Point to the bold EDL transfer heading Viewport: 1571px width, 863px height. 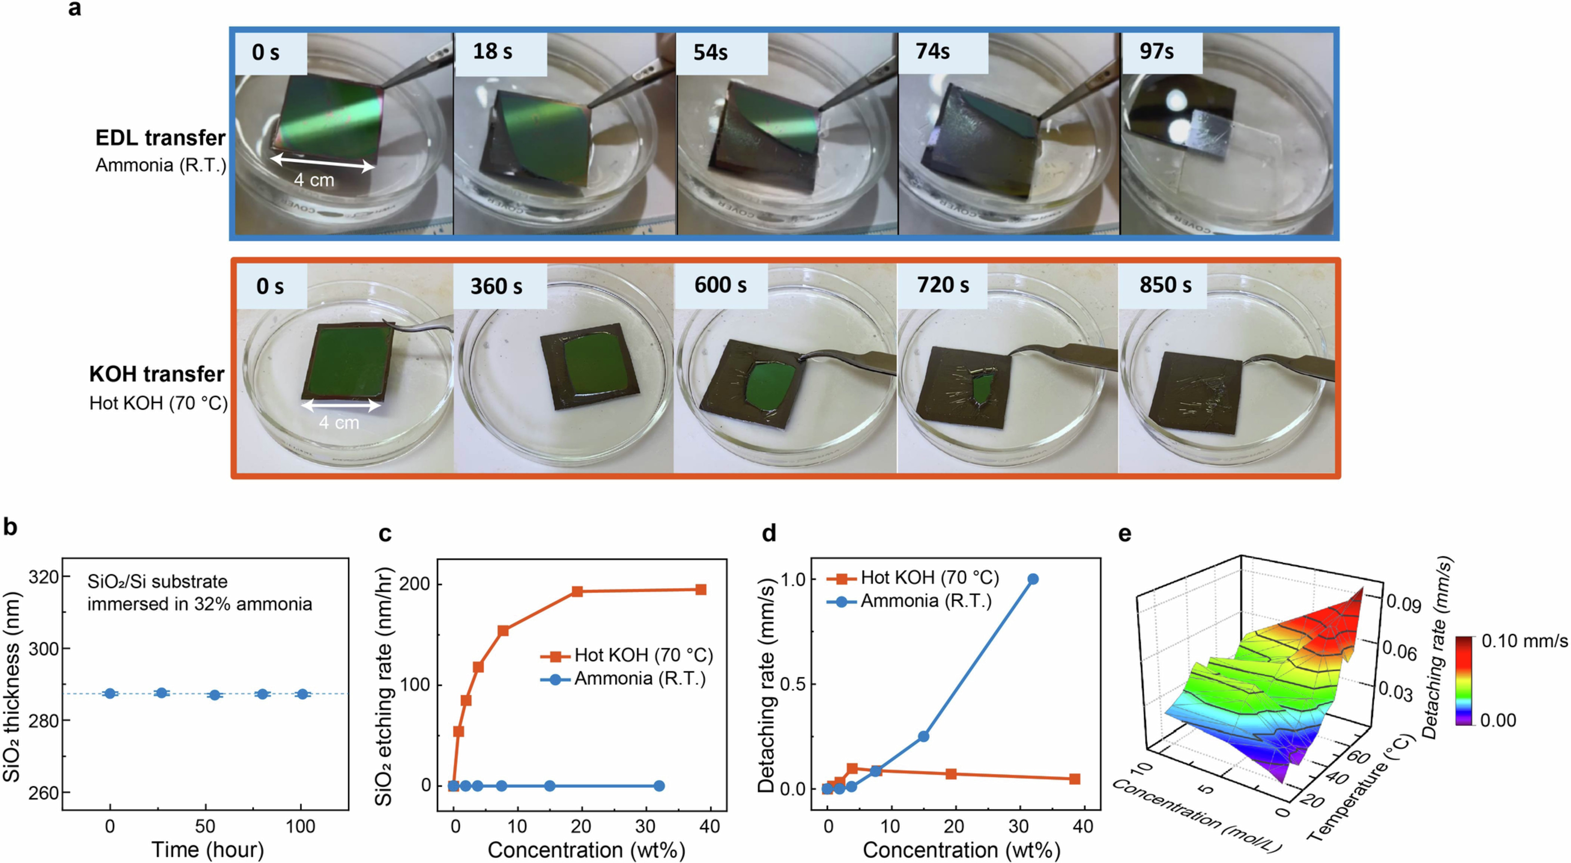point(161,138)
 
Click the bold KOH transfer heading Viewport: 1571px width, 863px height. point(157,374)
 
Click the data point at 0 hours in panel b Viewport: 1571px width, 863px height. point(110,693)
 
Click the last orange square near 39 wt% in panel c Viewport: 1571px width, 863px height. point(701,590)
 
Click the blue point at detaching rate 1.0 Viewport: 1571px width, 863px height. point(1032,579)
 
